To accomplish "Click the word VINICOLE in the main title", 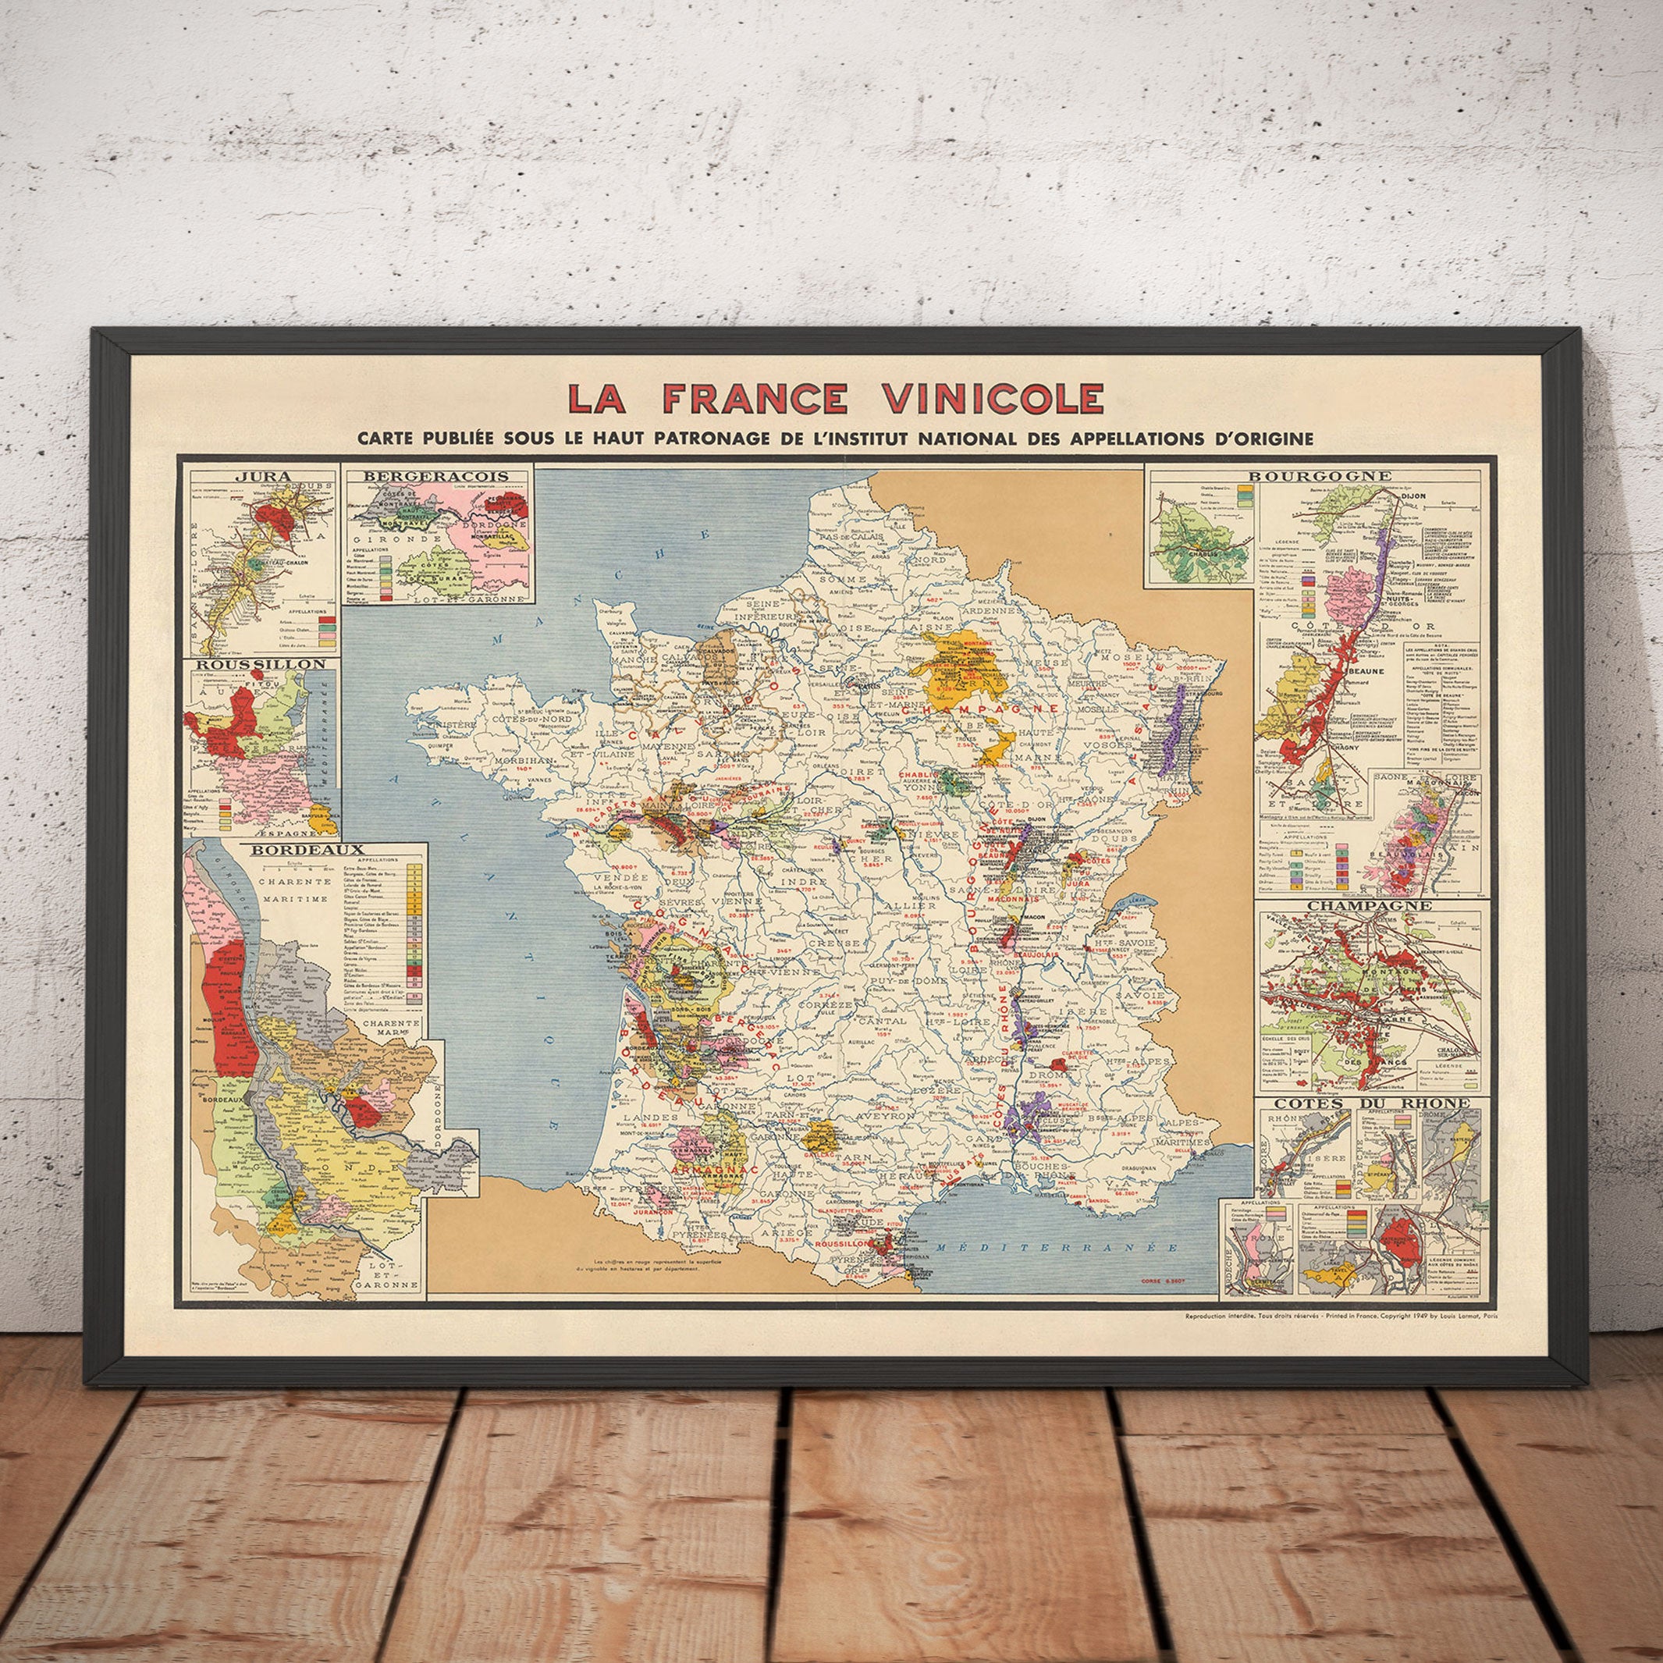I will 993,399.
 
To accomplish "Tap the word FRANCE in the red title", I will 755,399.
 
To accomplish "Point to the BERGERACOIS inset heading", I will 436,476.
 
